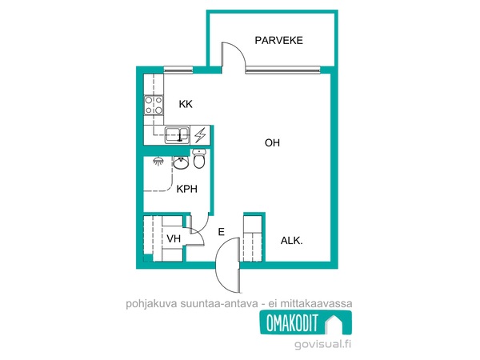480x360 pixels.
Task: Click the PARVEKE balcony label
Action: point(279,41)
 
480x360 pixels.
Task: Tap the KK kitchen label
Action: point(186,104)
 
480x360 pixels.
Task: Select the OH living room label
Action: point(272,142)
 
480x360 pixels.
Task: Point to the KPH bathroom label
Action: point(186,189)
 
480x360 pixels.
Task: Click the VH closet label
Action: point(174,238)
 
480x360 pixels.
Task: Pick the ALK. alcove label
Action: point(291,241)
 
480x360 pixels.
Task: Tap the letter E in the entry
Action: point(222,232)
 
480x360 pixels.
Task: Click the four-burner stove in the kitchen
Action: point(154,105)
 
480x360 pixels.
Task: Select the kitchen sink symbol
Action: point(177,134)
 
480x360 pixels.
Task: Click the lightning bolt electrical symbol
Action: point(200,134)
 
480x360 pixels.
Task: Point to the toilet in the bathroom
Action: point(199,158)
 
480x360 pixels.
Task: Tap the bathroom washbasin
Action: point(182,162)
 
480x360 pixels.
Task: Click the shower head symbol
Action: point(158,161)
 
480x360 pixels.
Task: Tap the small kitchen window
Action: point(178,70)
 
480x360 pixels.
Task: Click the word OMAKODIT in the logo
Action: point(292,322)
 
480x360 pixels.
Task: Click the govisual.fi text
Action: point(322,344)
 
